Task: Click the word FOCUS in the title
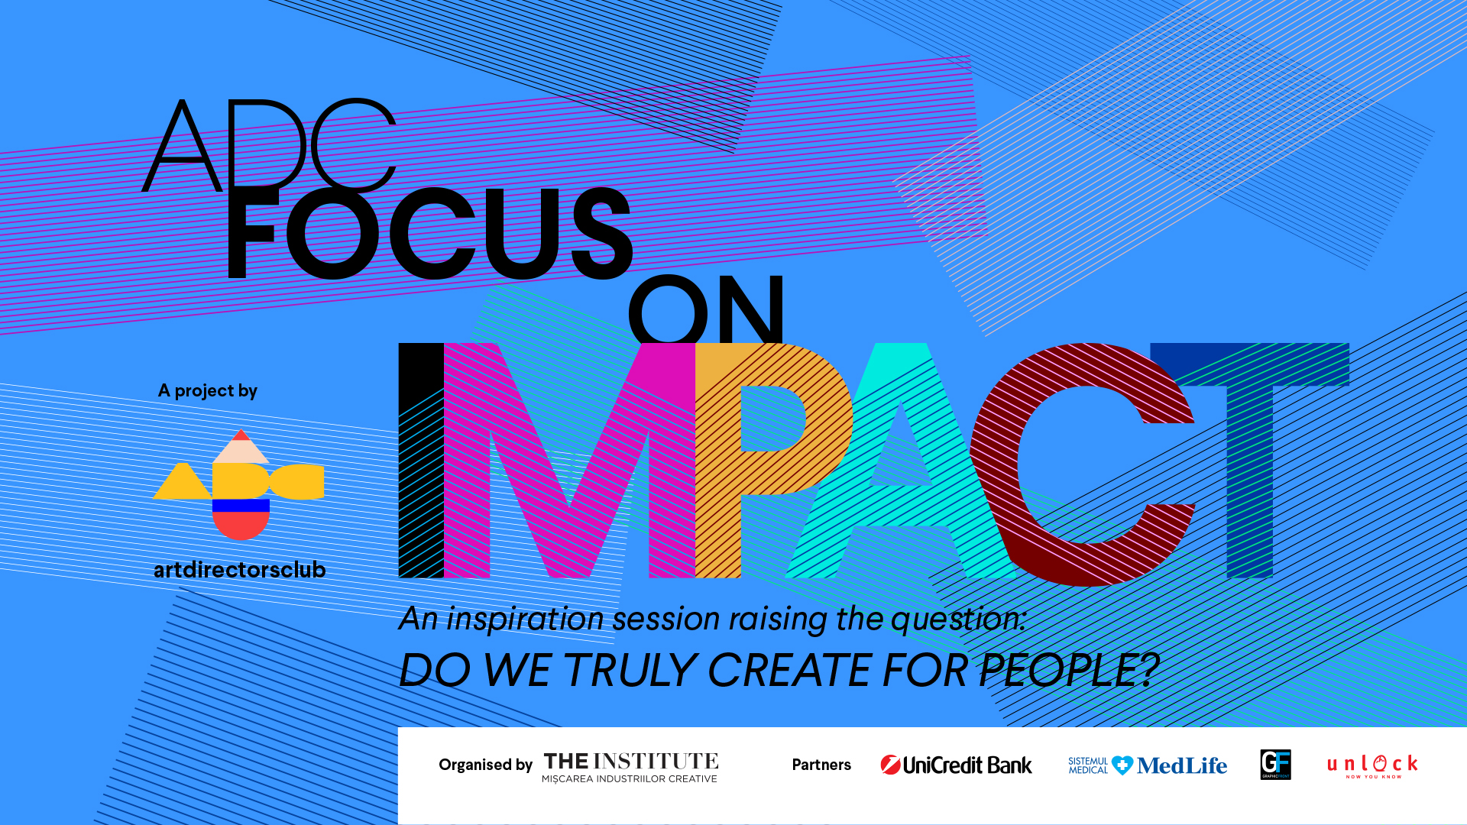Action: click(429, 233)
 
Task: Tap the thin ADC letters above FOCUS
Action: click(269, 145)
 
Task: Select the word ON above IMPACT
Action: click(706, 309)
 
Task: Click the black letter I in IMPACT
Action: click(421, 460)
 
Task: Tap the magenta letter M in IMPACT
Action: click(569, 460)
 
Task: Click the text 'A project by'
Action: click(208, 391)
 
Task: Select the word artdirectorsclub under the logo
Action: click(240, 569)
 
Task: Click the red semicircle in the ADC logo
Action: click(241, 523)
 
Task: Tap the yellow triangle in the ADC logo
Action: click(182, 482)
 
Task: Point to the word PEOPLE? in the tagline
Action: click(1069, 670)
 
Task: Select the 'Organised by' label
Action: click(485, 765)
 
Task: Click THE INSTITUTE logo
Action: click(630, 767)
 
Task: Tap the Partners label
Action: click(821, 765)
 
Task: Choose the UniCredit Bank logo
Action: click(956, 765)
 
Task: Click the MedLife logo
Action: click(1148, 765)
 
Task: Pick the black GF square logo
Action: click(1275, 765)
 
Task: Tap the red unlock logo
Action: click(1372, 765)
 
